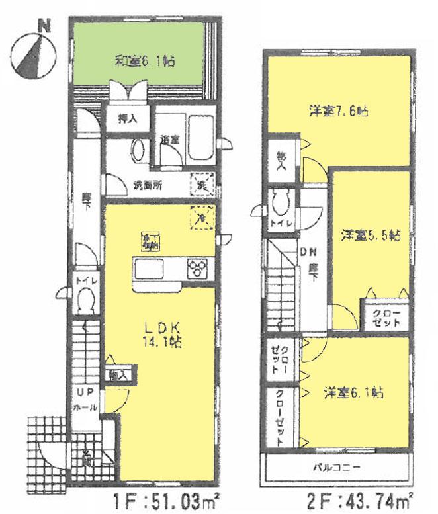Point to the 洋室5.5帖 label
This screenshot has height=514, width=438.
367,234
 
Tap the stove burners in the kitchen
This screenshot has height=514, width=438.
197,269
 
